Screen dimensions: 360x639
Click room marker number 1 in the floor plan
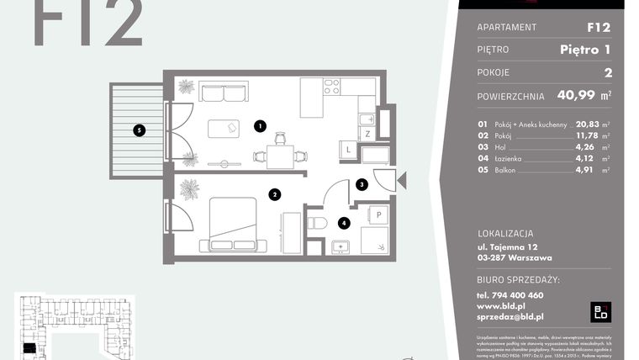click(x=261, y=127)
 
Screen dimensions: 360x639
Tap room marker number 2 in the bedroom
click(x=274, y=194)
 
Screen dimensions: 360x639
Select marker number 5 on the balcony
click(x=140, y=130)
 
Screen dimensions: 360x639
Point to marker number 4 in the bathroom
click(x=343, y=223)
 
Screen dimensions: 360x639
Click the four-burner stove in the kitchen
click(x=331, y=86)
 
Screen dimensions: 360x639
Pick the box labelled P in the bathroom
click(x=378, y=214)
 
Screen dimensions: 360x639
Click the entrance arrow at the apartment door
click(x=401, y=179)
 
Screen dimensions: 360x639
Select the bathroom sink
click(x=341, y=247)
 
